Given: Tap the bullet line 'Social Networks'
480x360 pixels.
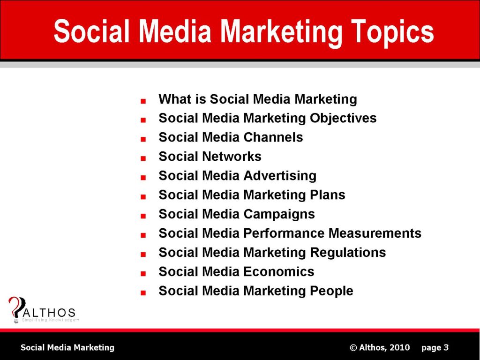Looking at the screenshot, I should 210,157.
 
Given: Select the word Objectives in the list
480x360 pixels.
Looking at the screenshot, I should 343,118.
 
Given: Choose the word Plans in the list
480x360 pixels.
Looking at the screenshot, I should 328,195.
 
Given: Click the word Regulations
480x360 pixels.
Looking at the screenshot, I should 348,253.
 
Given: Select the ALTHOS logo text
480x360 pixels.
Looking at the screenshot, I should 49,313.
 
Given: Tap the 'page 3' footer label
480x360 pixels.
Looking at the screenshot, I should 435,347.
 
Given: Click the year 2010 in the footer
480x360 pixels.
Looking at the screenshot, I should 399,347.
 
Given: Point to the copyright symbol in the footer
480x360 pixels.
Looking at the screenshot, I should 354,347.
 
